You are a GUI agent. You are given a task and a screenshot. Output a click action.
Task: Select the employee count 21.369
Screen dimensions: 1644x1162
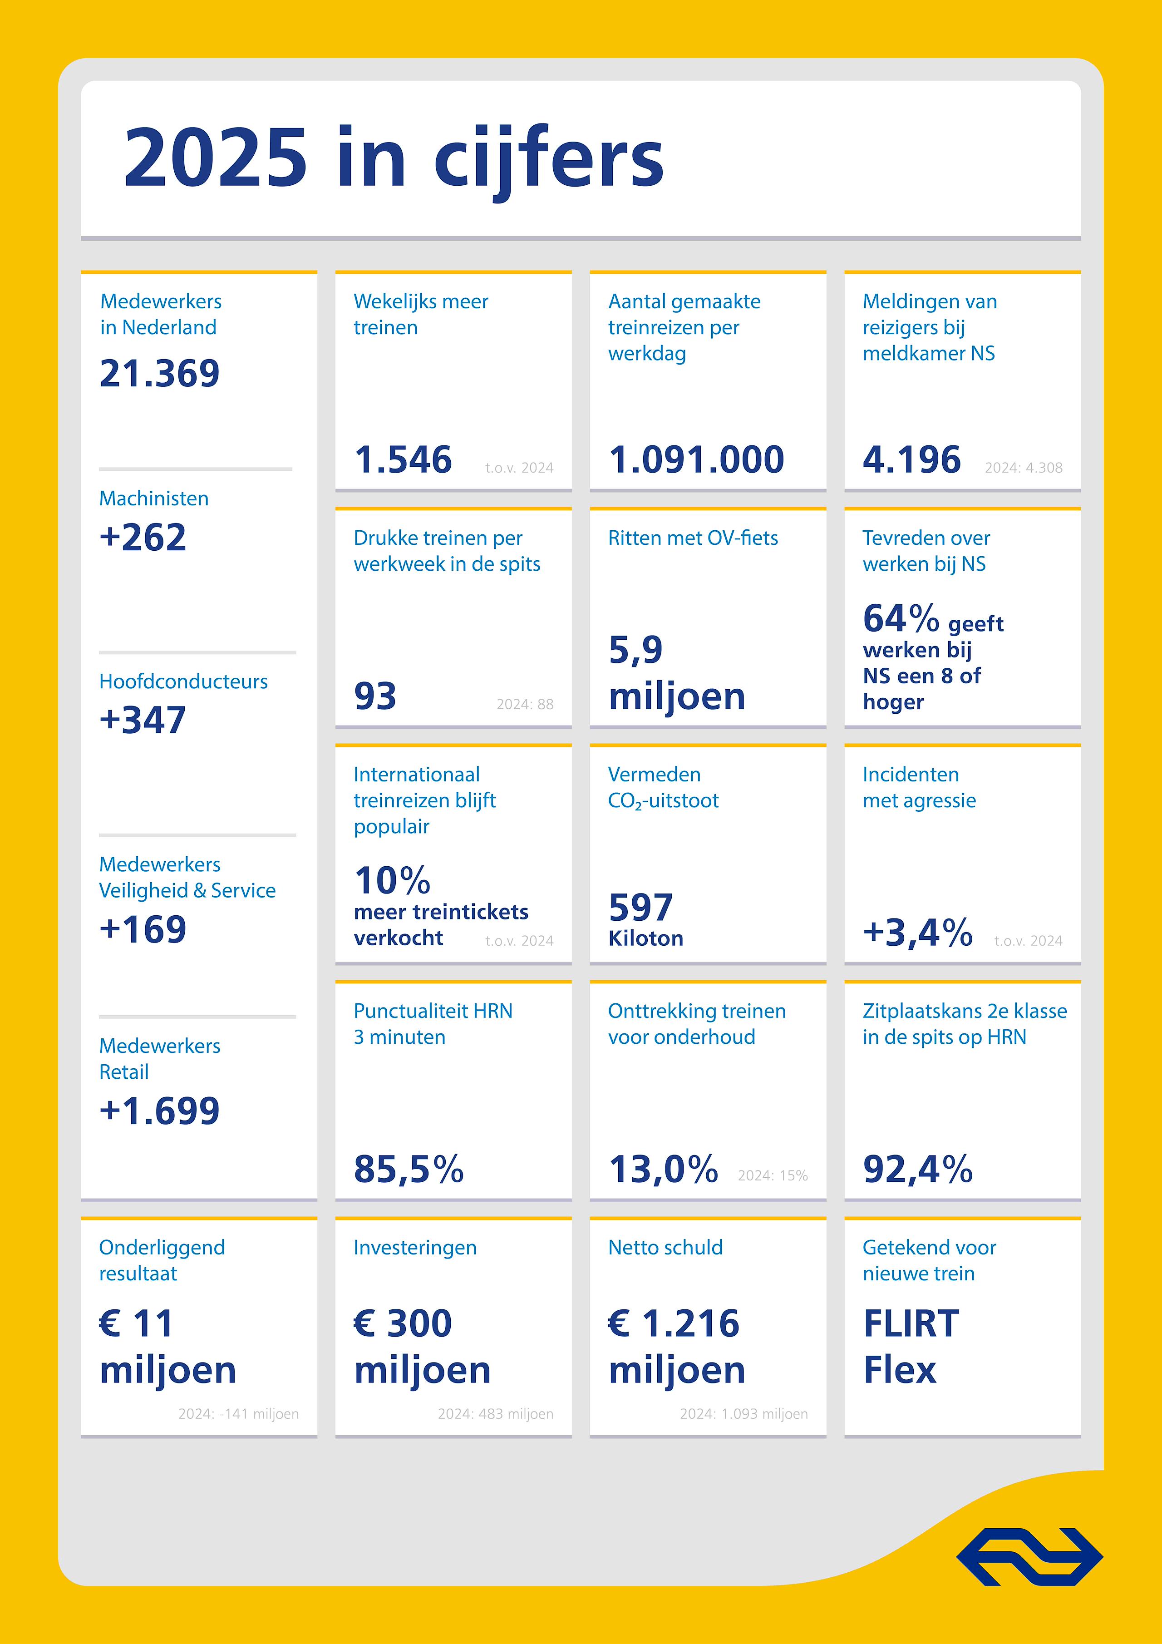pyautogui.click(x=160, y=374)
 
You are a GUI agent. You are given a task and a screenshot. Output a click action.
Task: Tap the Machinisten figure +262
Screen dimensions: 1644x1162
pyautogui.click(x=143, y=537)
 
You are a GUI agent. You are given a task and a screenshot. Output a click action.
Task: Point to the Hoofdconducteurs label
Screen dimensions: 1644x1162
pyautogui.click(x=183, y=681)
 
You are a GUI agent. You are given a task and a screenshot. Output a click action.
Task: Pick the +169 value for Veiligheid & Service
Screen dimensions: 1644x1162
pyautogui.click(x=143, y=929)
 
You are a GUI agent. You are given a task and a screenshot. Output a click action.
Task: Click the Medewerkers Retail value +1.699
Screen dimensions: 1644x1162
pyautogui.click(x=160, y=1111)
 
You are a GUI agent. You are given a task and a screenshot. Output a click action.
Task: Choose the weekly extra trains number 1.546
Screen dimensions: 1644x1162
pyautogui.click(x=403, y=459)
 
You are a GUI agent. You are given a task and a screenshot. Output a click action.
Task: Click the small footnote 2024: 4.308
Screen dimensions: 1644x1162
pyautogui.click(x=1023, y=468)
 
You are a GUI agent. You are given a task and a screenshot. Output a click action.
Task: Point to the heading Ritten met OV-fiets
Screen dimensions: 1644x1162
pyautogui.click(x=692, y=538)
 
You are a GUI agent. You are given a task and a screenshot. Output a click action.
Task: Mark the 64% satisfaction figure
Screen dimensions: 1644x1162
pyautogui.click(x=901, y=619)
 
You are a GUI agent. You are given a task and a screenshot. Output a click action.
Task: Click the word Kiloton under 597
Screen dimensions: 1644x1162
pyautogui.click(x=646, y=939)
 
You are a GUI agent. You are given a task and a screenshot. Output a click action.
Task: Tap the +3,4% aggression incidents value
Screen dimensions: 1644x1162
pyautogui.click(x=918, y=932)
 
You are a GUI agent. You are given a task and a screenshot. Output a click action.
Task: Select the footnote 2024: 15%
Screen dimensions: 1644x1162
pyautogui.click(x=773, y=1176)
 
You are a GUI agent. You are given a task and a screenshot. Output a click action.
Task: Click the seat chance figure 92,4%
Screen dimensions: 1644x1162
pyautogui.click(x=918, y=1169)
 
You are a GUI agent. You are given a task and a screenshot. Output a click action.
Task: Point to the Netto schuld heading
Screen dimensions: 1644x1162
pyautogui.click(x=665, y=1248)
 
